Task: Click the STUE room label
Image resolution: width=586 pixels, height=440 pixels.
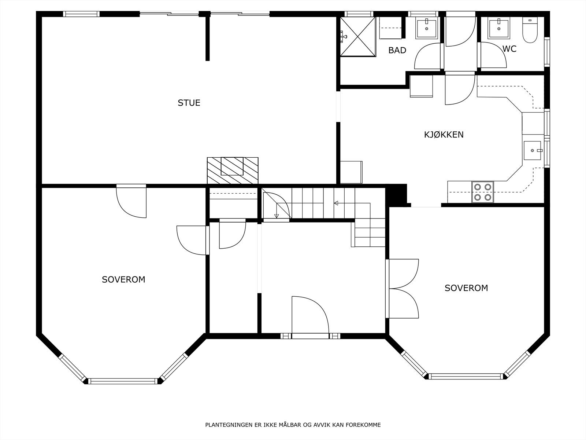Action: (x=189, y=103)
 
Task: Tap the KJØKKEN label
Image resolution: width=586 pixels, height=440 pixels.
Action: (x=444, y=135)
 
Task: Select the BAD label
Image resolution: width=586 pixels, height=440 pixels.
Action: (x=397, y=51)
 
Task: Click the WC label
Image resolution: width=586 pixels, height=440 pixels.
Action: (x=509, y=49)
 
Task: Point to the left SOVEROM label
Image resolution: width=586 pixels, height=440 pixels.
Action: (x=123, y=280)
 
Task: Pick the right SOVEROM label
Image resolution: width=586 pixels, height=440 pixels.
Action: (x=466, y=288)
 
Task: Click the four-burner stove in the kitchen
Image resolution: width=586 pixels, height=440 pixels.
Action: (x=482, y=192)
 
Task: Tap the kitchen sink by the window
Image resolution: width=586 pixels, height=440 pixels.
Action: (x=532, y=150)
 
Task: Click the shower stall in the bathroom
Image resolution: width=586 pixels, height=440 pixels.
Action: (x=358, y=37)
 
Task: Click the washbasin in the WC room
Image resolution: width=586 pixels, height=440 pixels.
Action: (x=498, y=29)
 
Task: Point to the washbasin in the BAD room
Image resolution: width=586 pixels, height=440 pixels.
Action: (x=426, y=29)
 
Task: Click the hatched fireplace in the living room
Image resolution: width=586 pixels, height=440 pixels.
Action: (x=233, y=170)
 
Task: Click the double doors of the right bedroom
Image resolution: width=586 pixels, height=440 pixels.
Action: (x=403, y=289)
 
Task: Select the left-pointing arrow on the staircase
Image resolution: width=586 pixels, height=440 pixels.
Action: (x=336, y=203)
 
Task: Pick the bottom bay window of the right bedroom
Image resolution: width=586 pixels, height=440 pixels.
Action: (x=466, y=376)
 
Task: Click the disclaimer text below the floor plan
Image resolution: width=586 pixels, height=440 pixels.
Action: (x=293, y=425)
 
